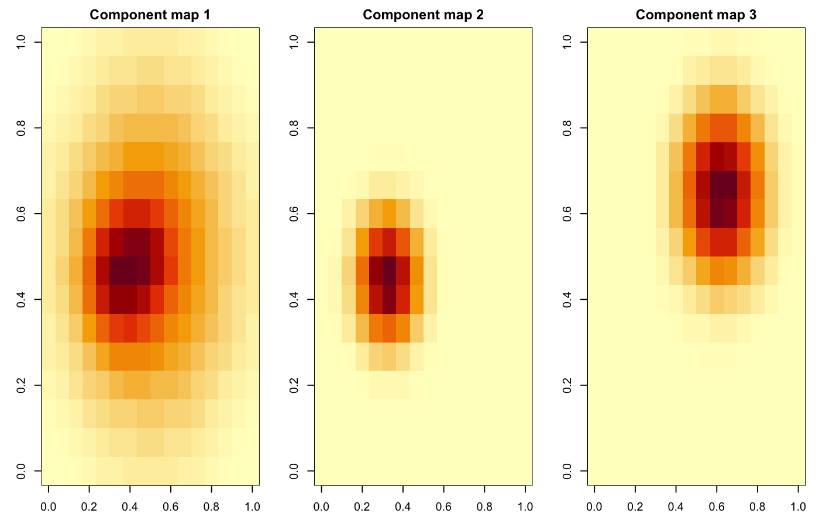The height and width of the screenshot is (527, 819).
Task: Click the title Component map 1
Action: [150, 15]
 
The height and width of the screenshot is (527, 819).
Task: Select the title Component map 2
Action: [423, 15]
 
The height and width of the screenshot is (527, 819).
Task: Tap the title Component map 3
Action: [696, 15]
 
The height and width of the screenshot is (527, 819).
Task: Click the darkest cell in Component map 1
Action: [123, 271]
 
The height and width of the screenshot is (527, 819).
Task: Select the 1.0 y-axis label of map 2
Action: [295, 43]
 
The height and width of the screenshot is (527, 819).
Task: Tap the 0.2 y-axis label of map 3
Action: [568, 385]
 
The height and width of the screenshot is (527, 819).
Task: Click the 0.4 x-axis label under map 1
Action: [130, 507]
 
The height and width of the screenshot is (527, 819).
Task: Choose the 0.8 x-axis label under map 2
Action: [485, 507]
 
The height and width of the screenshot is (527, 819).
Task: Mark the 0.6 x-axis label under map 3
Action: [717, 507]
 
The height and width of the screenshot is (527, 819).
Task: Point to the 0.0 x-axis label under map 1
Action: [48, 507]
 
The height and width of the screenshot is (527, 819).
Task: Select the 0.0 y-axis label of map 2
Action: [295, 471]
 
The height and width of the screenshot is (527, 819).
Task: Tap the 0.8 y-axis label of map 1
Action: [22, 128]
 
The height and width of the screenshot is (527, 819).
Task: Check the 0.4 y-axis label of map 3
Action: [568, 299]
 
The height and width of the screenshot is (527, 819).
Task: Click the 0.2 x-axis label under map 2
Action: [362, 507]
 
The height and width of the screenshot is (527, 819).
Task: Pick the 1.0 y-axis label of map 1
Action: [22, 43]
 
